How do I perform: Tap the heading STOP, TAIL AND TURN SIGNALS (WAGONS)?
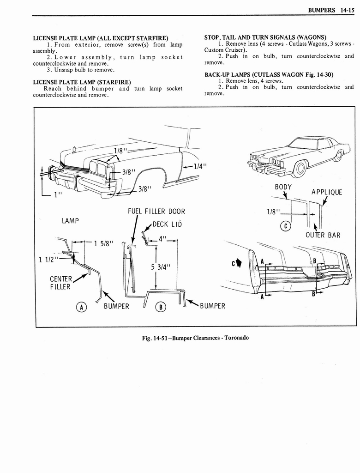(265, 37)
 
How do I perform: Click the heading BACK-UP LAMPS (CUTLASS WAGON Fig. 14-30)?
(269, 75)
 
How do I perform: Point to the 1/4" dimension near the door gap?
(199, 167)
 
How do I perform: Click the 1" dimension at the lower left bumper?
(57, 194)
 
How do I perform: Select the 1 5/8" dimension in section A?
(103, 244)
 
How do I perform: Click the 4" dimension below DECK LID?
(162, 239)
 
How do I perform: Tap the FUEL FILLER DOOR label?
(156, 212)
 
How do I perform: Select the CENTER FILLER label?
(60, 283)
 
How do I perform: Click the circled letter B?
(161, 307)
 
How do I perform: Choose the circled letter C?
(286, 226)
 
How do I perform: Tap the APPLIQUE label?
(326, 192)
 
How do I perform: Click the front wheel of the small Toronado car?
(300, 169)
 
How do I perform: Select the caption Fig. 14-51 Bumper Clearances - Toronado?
(196, 337)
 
